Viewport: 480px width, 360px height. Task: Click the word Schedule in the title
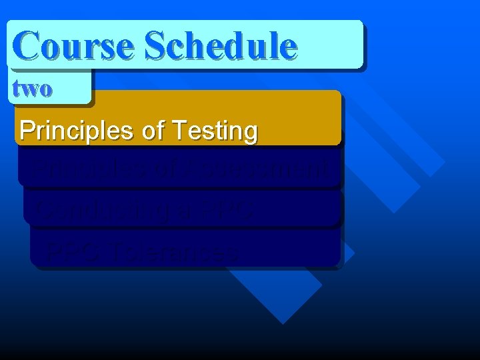pyautogui.click(x=220, y=45)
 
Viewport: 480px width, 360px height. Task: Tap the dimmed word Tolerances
pyautogui.click(x=175, y=251)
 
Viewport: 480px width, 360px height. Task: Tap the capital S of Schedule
pyautogui.click(x=155, y=45)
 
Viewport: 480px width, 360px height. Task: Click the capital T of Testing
pyautogui.click(x=180, y=131)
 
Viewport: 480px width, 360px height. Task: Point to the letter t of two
pyautogui.click(x=16, y=88)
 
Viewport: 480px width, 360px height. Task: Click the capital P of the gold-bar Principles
pyautogui.click(x=27, y=131)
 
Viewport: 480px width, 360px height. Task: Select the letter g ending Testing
pyautogui.click(x=250, y=133)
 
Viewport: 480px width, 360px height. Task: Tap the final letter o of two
pyautogui.click(x=45, y=89)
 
